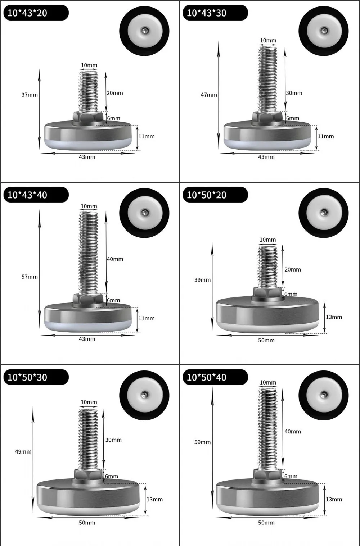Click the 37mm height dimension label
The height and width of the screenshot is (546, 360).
tap(30, 95)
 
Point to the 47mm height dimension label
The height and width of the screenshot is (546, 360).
tap(209, 95)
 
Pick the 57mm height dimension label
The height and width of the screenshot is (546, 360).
tap(30, 277)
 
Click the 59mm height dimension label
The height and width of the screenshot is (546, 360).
tap(202, 442)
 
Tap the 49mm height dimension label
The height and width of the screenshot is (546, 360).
tap(23, 451)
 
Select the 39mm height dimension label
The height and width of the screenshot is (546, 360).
tap(202, 280)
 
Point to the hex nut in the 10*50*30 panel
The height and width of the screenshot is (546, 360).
tap(88, 474)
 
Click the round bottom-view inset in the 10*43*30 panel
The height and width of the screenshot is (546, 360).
tap(323, 31)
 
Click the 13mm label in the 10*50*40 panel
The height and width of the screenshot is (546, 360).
tap(334, 499)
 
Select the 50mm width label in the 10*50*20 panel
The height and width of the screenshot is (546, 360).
tap(266, 340)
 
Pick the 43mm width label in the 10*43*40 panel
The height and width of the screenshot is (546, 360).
tap(87, 339)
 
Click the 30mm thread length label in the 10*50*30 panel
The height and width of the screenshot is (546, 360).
tap(113, 440)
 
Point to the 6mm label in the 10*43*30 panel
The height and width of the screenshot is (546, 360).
tap(293, 118)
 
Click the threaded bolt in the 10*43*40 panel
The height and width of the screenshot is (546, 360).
tap(89, 252)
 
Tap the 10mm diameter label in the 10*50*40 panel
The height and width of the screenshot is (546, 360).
tap(268, 383)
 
